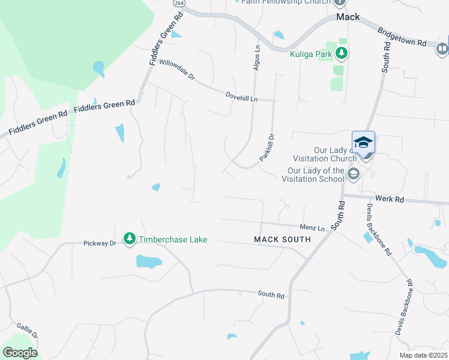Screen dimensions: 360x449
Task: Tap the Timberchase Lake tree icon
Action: click(x=129, y=239)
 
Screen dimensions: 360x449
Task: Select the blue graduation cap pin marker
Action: click(x=363, y=143)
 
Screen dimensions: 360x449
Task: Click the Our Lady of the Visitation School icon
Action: click(x=354, y=175)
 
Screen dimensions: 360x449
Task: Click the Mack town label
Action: click(x=348, y=17)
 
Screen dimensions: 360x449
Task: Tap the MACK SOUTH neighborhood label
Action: click(x=282, y=239)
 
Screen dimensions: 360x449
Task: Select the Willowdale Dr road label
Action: click(x=178, y=70)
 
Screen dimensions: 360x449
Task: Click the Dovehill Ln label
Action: click(x=241, y=96)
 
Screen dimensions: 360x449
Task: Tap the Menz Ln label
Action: click(x=312, y=228)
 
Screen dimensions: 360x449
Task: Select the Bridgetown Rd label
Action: click(x=402, y=37)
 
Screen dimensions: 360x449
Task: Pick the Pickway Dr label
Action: click(x=99, y=244)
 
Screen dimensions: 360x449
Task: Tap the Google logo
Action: click(x=20, y=353)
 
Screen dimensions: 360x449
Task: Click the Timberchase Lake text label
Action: click(x=173, y=239)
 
